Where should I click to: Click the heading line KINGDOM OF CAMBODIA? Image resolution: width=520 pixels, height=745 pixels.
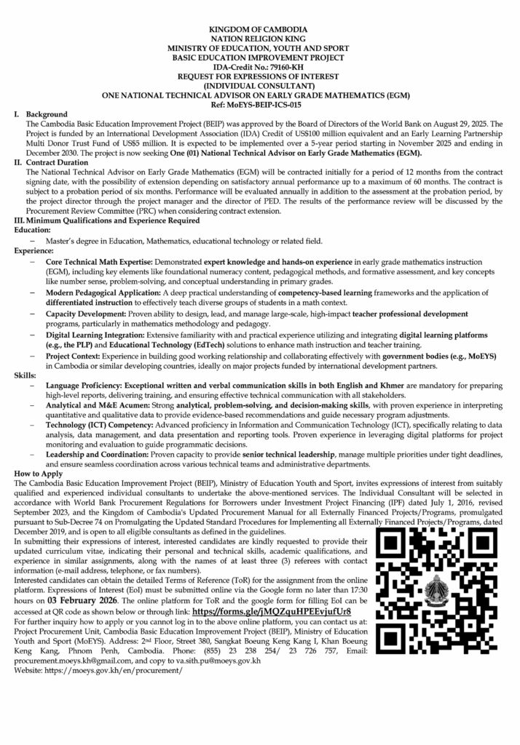tap(259, 27)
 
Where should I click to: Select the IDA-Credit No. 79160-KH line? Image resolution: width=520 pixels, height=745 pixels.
tap(260, 65)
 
